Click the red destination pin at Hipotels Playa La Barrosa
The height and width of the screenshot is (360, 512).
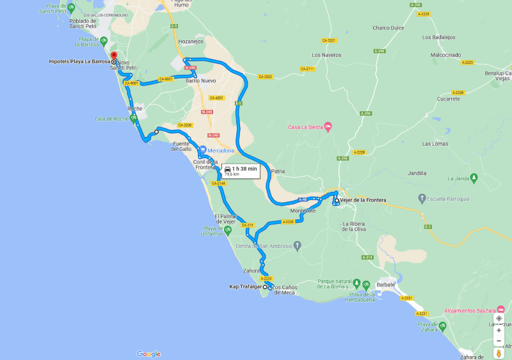click(x=113, y=56)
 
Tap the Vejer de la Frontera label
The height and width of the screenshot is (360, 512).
click(x=363, y=200)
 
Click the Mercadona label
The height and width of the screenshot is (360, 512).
click(x=221, y=150)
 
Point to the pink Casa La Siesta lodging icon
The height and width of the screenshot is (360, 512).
click(x=328, y=127)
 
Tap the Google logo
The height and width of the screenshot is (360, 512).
click(x=148, y=354)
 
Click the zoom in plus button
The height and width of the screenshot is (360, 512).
click(x=499, y=331)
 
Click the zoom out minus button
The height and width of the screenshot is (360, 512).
click(x=499, y=341)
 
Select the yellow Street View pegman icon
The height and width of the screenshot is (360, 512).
click(x=499, y=353)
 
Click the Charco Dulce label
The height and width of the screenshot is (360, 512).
click(x=388, y=27)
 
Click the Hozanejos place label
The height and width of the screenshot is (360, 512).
click(x=191, y=41)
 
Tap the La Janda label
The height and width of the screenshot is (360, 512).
click(x=458, y=178)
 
